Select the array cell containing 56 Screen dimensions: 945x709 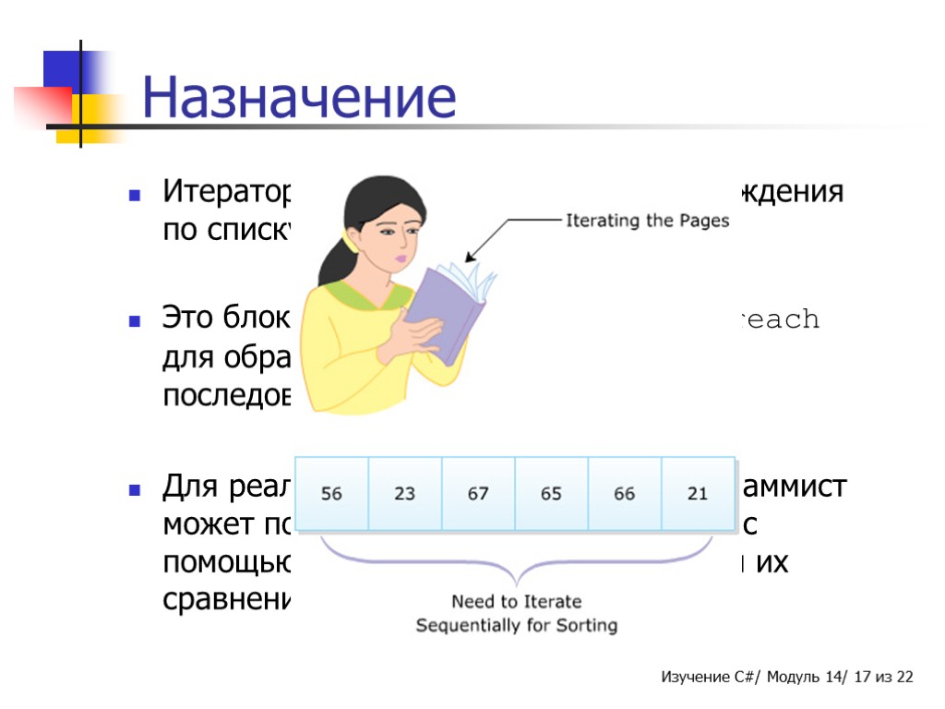click(331, 494)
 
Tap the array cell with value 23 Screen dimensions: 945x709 click(404, 494)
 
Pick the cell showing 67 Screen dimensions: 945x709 click(478, 494)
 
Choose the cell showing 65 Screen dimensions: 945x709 click(551, 494)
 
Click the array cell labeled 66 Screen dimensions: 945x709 click(625, 494)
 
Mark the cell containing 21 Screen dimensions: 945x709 click(698, 494)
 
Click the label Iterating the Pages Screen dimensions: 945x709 click(647, 221)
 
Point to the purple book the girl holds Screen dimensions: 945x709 click(447, 309)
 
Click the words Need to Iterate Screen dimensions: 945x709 click(516, 602)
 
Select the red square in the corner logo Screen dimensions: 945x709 click(42, 105)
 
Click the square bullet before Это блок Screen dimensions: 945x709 click(135, 322)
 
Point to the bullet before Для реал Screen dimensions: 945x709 click(135, 488)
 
